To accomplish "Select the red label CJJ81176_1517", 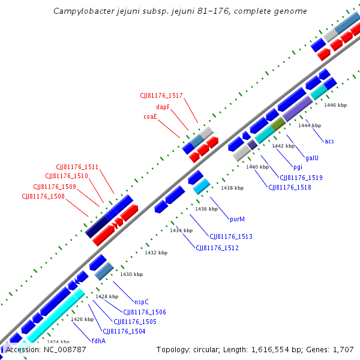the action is tap(161, 95).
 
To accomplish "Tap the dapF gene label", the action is tap(163, 106).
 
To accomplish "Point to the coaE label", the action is tap(150, 116).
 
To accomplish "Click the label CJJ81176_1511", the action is tap(77, 167).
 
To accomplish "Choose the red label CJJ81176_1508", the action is tap(43, 196).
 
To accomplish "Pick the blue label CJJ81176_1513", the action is tap(231, 236).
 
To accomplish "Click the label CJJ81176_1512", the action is tap(217, 248).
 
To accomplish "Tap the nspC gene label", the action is tap(142, 302).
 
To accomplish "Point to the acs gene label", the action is tap(329, 141).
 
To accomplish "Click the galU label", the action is tap(312, 157).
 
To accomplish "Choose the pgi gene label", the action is tap(298, 167).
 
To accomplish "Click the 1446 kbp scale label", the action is tap(335, 105).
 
